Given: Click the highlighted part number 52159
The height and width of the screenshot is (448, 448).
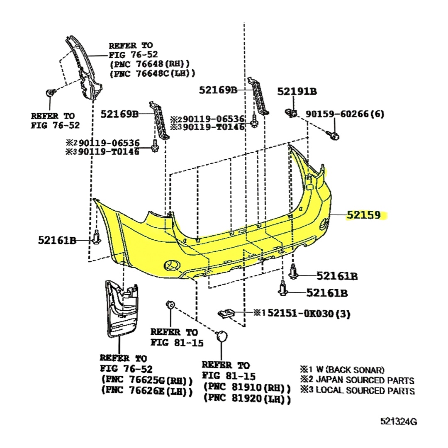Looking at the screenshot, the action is (364, 215).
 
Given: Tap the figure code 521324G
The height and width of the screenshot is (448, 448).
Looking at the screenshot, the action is (399, 421).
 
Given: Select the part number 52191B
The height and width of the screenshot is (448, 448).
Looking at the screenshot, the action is (297, 91).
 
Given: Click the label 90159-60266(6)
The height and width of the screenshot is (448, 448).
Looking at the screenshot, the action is (345, 114).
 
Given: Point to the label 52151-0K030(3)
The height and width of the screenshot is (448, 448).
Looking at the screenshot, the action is (309, 314).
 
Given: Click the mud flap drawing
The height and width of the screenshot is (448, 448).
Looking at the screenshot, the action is (122, 309).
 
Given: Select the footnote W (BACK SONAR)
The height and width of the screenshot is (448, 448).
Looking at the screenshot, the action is (350, 370).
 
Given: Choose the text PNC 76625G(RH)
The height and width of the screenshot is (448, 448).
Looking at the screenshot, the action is (147, 380).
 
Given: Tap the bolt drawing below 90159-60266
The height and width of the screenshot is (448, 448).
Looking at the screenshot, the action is (333, 135).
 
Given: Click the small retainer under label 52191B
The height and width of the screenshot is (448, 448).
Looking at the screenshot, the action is (291, 113).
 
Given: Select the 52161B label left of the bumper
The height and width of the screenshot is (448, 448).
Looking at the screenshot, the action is (57, 241).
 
